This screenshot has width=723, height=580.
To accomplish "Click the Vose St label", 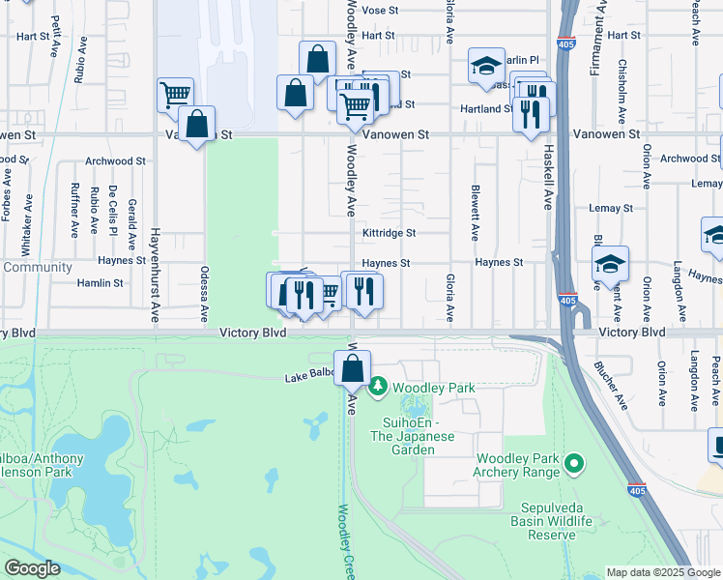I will click(x=380, y=10).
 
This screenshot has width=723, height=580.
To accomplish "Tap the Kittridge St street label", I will click(x=389, y=233).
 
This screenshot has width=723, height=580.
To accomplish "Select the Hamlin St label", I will click(x=105, y=283).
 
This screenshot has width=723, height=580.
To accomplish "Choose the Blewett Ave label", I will click(x=475, y=213).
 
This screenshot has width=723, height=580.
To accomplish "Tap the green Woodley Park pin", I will click(x=378, y=388).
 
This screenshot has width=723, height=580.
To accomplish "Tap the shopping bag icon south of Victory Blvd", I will click(x=354, y=367).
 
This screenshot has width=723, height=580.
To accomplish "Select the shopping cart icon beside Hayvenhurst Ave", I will click(x=174, y=95).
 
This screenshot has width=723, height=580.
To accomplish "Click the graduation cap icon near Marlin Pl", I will click(x=486, y=65).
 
